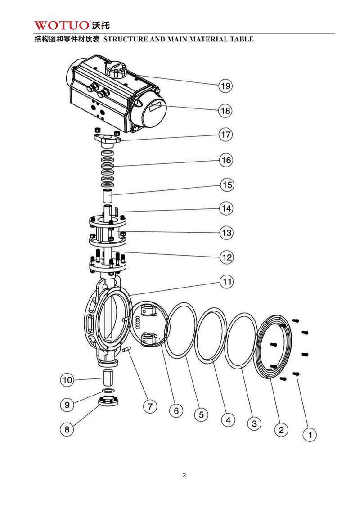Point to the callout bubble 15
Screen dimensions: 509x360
click(226, 185)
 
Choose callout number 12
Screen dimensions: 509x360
click(226, 257)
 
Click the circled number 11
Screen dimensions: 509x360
click(226, 282)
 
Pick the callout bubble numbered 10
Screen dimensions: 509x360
click(67, 380)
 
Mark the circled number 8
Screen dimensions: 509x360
click(67, 429)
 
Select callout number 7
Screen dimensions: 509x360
click(150, 406)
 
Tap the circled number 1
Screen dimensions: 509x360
click(310, 435)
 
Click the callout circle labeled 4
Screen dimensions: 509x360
click(228, 420)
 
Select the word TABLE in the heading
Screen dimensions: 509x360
click(243, 39)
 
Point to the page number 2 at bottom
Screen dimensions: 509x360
click(184, 475)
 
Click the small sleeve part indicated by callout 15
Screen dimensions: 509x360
click(107, 197)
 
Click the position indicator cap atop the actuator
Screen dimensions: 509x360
click(115, 70)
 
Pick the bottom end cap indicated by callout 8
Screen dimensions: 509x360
click(108, 401)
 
